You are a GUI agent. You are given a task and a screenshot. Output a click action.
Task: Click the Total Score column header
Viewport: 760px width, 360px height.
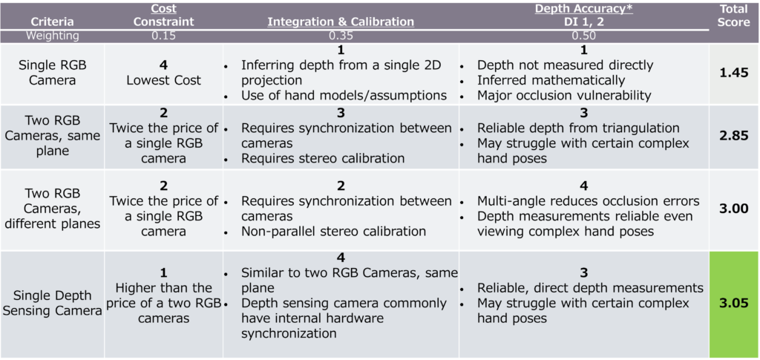click(733, 15)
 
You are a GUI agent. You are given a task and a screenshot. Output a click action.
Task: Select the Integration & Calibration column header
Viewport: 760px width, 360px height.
click(341, 22)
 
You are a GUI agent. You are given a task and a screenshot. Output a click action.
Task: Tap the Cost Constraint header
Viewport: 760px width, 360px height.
click(163, 15)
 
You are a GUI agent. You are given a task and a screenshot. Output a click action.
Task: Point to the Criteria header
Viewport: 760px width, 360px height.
click(52, 22)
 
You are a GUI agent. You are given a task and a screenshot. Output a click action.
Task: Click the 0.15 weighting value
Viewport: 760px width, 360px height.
click(163, 35)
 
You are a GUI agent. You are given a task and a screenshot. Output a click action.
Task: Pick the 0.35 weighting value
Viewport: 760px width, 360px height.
click(341, 35)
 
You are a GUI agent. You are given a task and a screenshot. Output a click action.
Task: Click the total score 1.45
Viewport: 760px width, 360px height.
click(733, 73)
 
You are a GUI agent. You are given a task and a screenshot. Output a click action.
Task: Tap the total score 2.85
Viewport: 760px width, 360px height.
click(733, 136)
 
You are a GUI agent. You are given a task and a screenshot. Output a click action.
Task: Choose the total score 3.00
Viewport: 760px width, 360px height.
click(733, 209)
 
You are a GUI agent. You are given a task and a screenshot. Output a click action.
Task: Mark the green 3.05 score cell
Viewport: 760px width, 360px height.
click(733, 303)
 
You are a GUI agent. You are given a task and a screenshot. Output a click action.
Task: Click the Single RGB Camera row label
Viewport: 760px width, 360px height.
click(52, 73)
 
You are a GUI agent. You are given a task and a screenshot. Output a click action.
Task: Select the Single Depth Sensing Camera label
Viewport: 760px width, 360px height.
click(52, 303)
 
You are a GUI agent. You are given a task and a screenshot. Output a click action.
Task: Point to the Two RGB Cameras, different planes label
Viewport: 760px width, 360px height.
click(52, 209)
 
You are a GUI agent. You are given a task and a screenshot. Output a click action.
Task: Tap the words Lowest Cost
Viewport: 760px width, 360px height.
click(163, 80)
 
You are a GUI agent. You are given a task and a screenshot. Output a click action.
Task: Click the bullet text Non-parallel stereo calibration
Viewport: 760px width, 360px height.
click(333, 231)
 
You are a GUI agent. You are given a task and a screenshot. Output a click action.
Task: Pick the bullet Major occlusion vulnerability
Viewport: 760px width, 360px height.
click(563, 95)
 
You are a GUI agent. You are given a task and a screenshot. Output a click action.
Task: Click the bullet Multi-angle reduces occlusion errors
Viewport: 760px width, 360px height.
click(588, 201)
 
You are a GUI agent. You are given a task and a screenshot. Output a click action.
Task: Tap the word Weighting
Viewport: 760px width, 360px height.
click(52, 35)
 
